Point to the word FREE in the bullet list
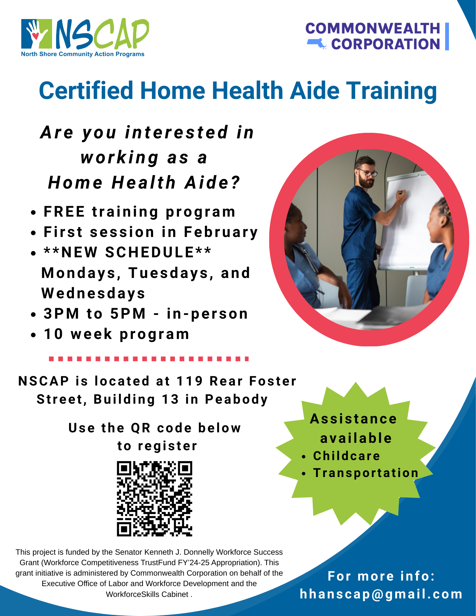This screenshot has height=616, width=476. tap(64, 212)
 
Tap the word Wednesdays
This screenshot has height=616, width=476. tap(93, 294)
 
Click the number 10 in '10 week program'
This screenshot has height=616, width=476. tap(54, 334)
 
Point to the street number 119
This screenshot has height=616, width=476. tap(189, 381)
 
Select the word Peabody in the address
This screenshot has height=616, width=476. tap(236, 400)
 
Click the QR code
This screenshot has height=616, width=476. tap(154, 499)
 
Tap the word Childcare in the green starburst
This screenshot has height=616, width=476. tap(347, 456)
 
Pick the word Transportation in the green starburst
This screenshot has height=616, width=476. tap(366, 473)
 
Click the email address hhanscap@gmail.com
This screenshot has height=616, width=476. tap(381, 594)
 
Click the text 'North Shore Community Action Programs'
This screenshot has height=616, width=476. tap(83, 54)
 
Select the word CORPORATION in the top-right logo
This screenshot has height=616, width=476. tap(385, 44)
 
